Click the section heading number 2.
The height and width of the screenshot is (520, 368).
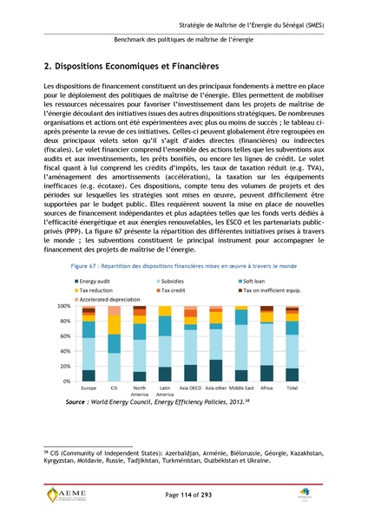point(47,67)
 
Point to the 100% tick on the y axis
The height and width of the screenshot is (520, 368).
point(63,307)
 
